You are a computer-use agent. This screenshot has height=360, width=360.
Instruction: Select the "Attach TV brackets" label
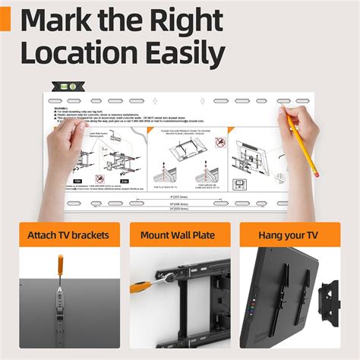click(x=69, y=235)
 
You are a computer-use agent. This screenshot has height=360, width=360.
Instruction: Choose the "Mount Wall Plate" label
click(x=179, y=235)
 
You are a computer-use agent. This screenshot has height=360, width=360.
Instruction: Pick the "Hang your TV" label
click(x=290, y=235)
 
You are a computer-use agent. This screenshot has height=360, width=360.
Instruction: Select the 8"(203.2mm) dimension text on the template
click(x=179, y=194)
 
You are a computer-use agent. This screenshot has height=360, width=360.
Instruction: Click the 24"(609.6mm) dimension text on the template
click(x=179, y=207)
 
